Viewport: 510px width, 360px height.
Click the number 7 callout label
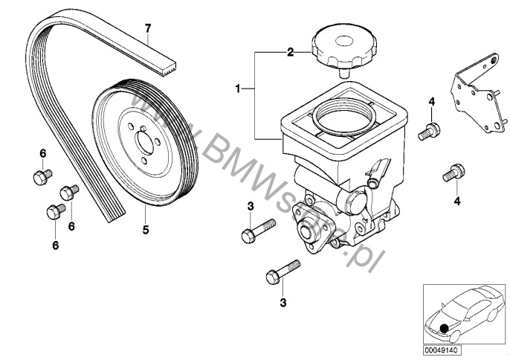pos(148,28)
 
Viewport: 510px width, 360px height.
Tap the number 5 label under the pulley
pos(146,230)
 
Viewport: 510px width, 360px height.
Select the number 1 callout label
pos(237,89)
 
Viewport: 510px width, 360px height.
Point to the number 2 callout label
pos(291,52)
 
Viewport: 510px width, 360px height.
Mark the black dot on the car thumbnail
pos(445,327)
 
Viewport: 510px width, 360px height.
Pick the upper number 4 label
pos(430,102)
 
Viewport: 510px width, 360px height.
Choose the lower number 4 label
pos(456,200)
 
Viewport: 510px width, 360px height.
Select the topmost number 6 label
pos(42,153)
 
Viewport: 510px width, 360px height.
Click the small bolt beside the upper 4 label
pos(429,131)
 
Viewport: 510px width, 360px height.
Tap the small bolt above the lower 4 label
pos(453,174)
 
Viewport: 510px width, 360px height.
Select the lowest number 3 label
pos(281,302)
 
